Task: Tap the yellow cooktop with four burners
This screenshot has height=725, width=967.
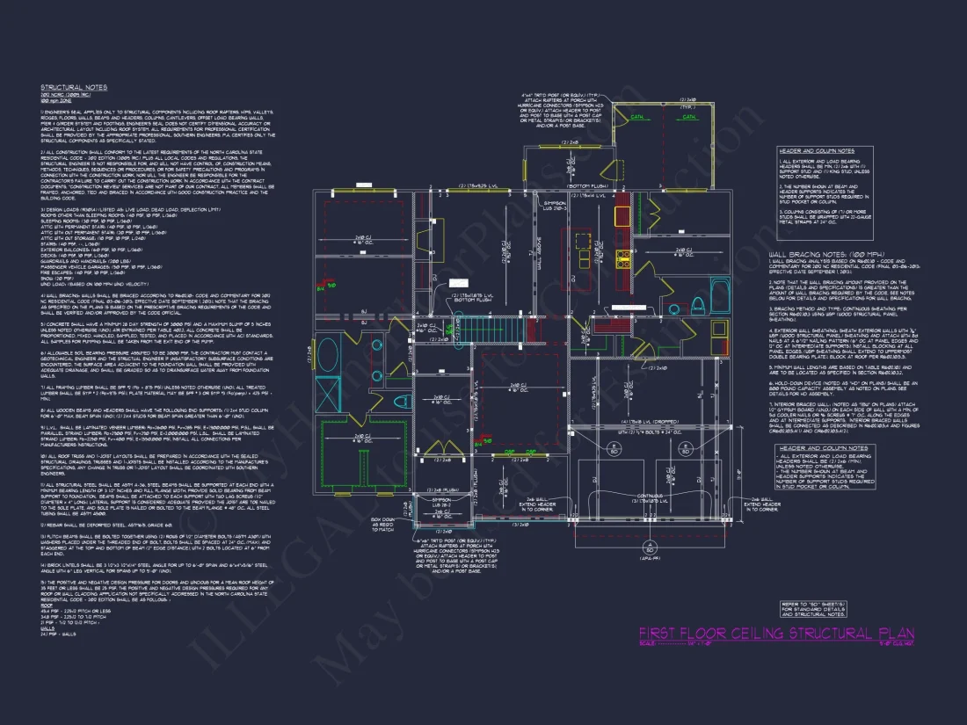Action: click(x=622, y=257)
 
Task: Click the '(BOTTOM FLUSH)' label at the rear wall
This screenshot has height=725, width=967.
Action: click(x=588, y=187)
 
